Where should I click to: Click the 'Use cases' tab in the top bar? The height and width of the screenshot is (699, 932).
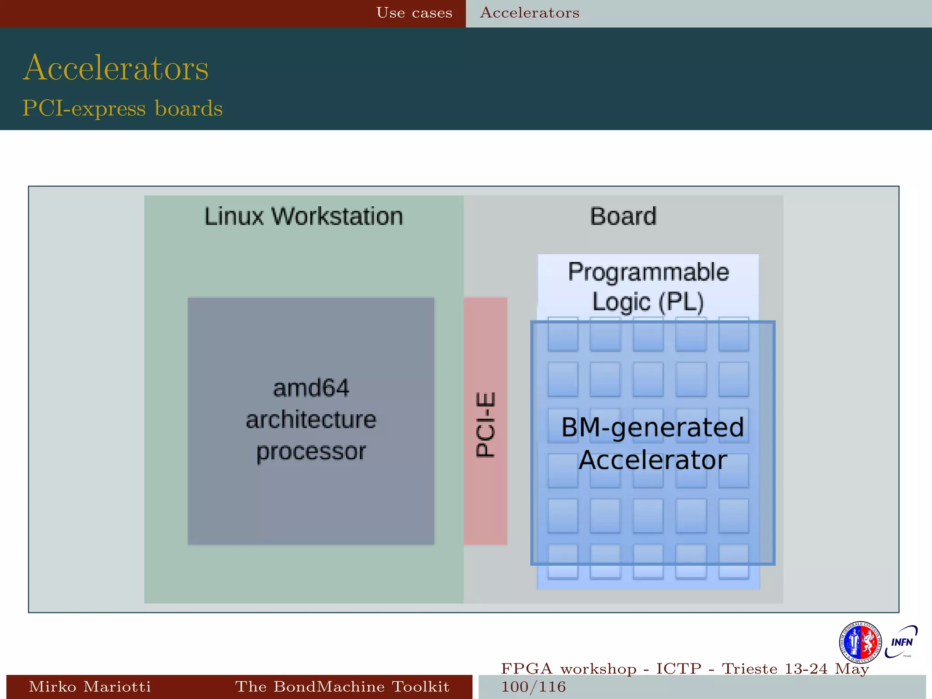tap(414, 13)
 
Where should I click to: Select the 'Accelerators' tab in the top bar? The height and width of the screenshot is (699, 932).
tap(530, 13)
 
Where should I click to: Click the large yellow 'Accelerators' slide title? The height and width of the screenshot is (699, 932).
tap(116, 68)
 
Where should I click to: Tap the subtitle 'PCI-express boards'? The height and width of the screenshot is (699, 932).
tap(122, 109)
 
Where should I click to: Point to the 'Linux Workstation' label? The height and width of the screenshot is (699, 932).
tap(304, 217)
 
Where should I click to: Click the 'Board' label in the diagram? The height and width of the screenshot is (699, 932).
tap(623, 217)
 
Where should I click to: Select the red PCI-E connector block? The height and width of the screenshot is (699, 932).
tap(485, 421)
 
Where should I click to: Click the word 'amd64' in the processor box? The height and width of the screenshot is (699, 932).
tap(311, 388)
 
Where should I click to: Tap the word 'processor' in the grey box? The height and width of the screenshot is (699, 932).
tap(311, 451)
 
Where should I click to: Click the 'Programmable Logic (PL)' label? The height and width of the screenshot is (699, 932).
tap(648, 287)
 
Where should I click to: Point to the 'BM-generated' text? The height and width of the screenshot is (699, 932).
tap(652, 427)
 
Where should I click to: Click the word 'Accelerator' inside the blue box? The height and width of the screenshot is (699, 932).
tap(652, 460)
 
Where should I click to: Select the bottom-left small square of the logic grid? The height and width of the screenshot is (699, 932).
tap(563, 561)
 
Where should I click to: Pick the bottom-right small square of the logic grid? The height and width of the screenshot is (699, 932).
tap(734, 561)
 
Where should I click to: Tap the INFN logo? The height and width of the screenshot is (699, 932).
tap(902, 642)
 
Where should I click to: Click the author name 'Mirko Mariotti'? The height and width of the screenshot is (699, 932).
tap(90, 687)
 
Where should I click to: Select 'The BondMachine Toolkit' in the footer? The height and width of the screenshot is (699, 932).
tap(342, 687)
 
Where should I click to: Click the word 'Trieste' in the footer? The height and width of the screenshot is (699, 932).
tap(750, 669)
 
